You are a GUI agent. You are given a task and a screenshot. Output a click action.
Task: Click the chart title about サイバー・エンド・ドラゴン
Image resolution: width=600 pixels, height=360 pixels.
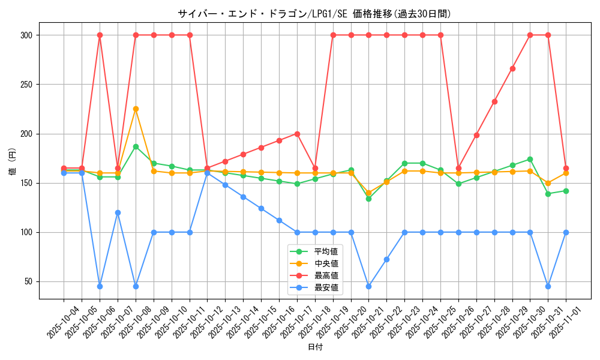(x=314, y=14)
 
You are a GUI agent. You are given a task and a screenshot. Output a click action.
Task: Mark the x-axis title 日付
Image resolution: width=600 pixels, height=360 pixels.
(x=315, y=347)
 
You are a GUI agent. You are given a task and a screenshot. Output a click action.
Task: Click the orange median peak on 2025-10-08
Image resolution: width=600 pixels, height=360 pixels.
(x=136, y=109)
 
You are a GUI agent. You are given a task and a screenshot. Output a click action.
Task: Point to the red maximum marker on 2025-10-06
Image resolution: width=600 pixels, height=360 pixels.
(x=100, y=35)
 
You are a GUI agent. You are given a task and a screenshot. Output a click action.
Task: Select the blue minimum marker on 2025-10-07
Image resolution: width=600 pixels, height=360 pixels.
(x=118, y=212)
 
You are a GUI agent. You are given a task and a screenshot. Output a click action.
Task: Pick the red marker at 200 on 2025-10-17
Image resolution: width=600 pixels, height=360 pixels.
(x=297, y=134)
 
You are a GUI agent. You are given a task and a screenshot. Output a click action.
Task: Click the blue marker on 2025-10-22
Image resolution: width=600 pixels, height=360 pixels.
(x=386, y=259)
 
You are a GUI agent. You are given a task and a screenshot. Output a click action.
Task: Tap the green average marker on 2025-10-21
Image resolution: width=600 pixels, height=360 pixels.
(x=368, y=199)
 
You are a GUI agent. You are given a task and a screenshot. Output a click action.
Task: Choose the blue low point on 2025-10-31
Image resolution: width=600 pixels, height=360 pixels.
(x=548, y=286)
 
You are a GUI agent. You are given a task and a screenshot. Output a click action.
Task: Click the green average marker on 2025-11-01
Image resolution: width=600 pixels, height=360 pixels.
(x=566, y=191)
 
